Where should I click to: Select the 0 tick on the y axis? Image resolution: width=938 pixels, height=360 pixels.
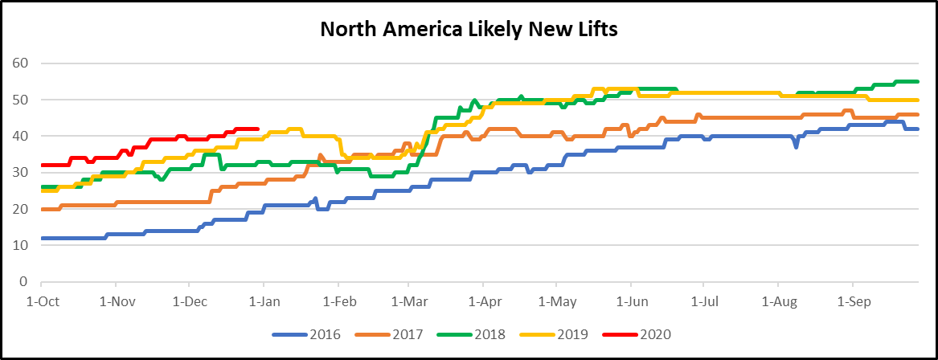(x=25, y=282)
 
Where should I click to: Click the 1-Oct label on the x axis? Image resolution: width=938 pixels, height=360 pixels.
(x=40, y=303)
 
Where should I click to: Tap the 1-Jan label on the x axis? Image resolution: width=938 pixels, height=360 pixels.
(x=264, y=303)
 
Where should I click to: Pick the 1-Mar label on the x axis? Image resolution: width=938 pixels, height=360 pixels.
(x=408, y=303)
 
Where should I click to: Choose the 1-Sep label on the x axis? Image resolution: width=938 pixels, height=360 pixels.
(x=852, y=303)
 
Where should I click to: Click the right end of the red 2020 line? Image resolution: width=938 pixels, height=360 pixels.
(x=257, y=129)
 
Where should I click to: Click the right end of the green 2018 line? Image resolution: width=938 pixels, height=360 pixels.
(x=918, y=81)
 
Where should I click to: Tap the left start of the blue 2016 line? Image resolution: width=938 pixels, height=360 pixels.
(x=42, y=238)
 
